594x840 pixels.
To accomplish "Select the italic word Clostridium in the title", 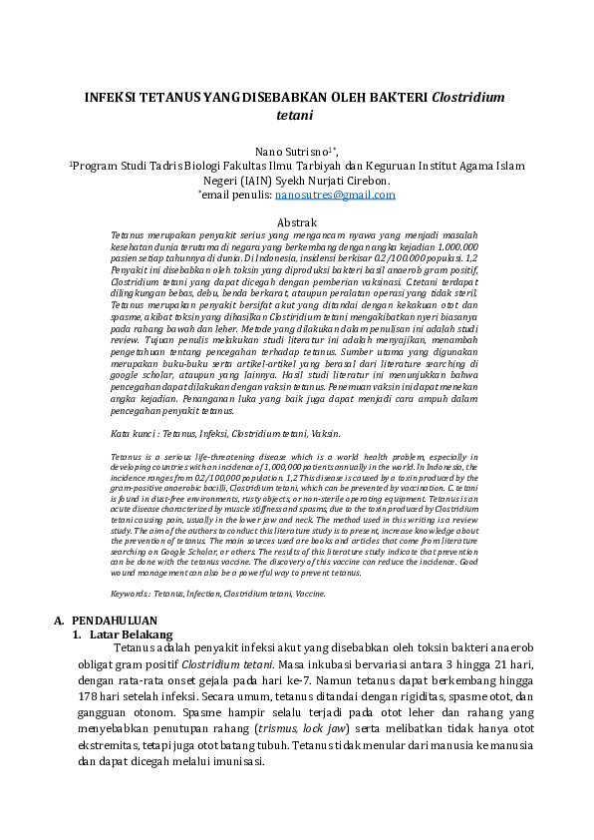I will (x=469, y=98).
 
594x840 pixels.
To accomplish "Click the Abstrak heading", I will (x=296, y=221).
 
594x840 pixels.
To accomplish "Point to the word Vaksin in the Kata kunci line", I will (x=323, y=434).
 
